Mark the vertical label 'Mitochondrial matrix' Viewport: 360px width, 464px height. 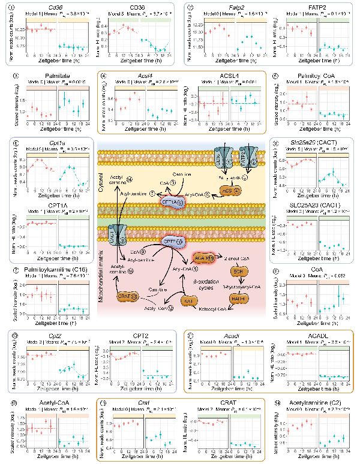point(103,282)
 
